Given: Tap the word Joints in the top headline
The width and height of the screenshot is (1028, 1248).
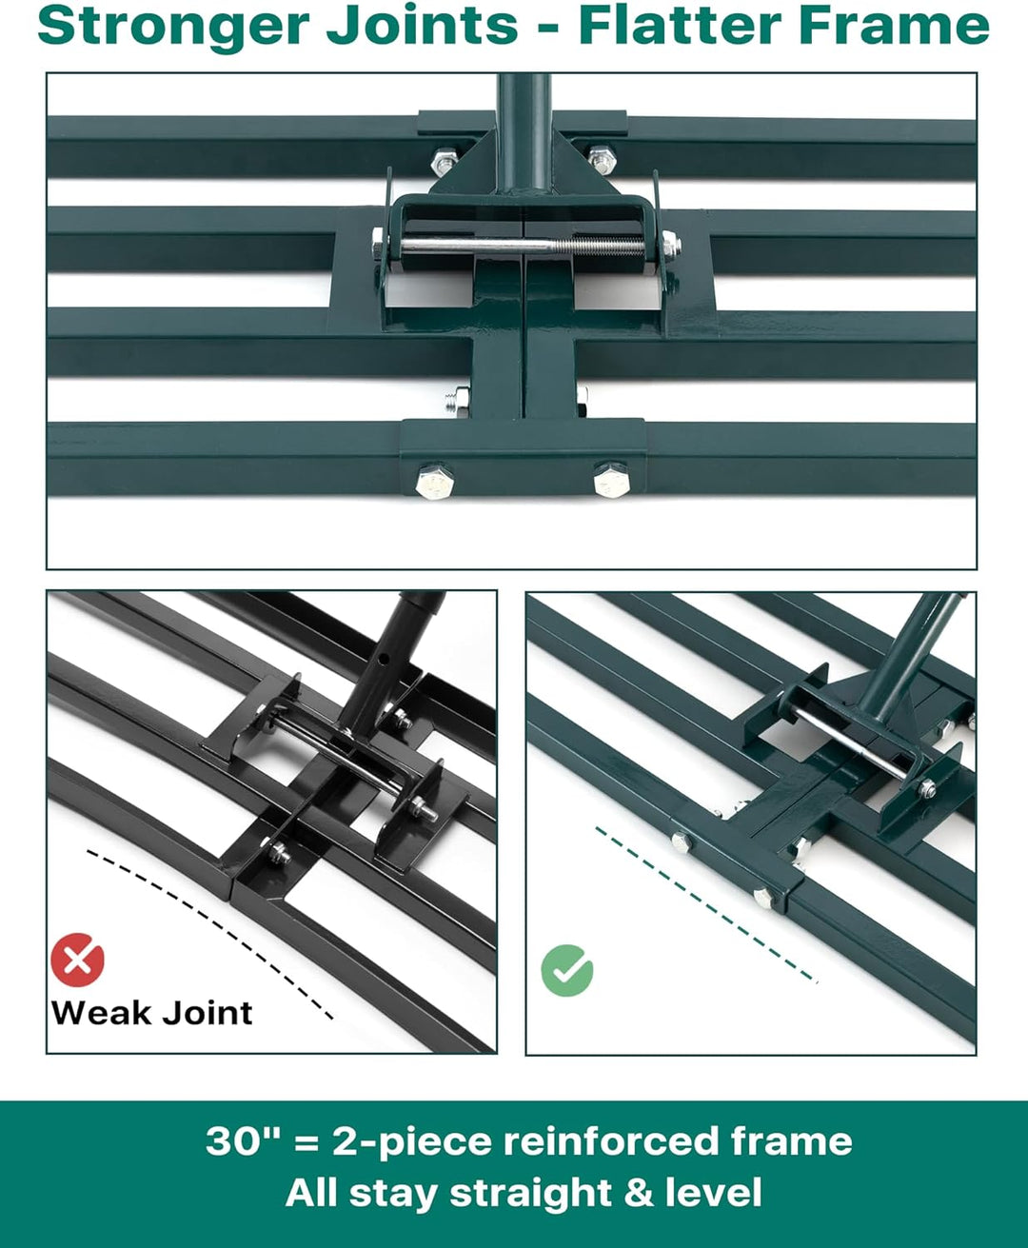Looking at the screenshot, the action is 422,28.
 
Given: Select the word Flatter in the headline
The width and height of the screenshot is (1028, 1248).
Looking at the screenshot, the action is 681,27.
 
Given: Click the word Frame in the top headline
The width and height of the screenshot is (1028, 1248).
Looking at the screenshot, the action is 894,27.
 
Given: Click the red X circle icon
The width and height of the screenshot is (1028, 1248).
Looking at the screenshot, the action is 78,960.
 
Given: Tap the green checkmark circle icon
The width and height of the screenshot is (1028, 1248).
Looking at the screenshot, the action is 567,971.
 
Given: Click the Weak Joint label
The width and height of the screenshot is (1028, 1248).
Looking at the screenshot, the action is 151,1014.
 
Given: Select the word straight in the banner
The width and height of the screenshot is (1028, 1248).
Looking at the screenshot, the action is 531,1194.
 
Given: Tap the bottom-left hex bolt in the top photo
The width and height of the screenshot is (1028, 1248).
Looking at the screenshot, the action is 434,481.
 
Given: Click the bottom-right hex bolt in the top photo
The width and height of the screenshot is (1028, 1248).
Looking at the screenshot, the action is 611,480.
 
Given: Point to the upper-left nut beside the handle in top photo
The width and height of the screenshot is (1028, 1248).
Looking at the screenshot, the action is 444,162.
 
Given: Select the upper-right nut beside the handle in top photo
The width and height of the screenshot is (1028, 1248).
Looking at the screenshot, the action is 602,160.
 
